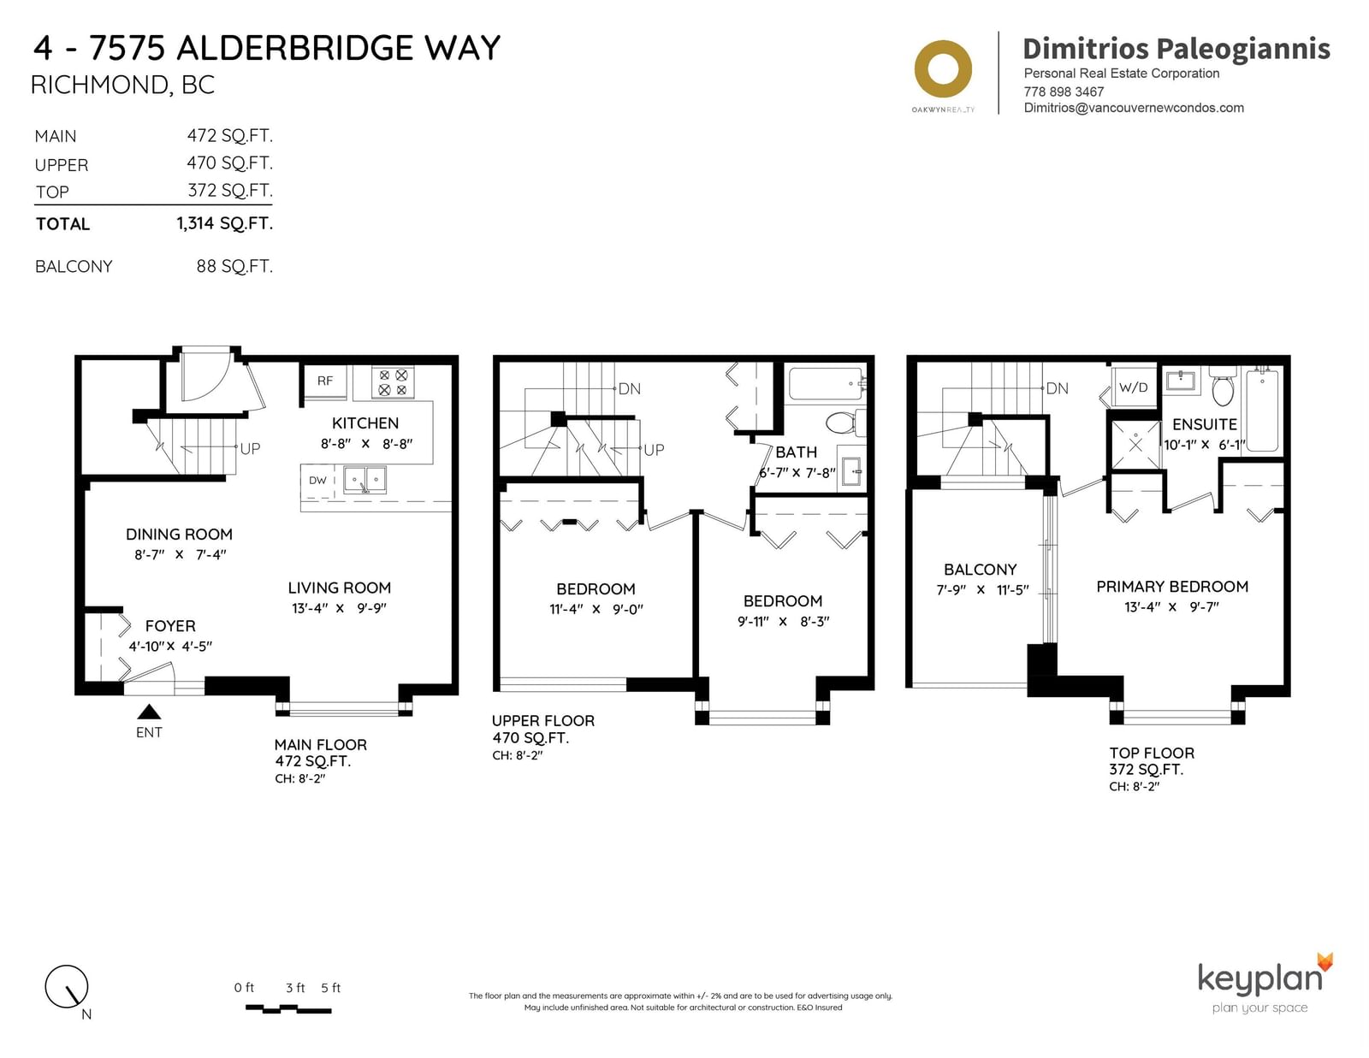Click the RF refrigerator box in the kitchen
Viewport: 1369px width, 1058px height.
[324, 381]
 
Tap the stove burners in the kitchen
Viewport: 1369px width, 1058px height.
[393, 382]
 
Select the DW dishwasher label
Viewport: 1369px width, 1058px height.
[317, 481]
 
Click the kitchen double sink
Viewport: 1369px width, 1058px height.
[364, 480]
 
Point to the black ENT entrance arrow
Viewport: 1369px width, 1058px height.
[149, 712]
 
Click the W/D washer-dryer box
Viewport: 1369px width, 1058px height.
[1134, 387]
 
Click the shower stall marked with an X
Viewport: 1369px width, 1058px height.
[1135, 445]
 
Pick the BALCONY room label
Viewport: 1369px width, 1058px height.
[980, 570]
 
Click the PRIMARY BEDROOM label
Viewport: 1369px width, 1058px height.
[1172, 587]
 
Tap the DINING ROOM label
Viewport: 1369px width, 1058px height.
[179, 534]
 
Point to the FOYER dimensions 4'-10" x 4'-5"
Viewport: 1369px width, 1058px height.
[170, 646]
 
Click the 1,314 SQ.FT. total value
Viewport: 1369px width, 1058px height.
[224, 223]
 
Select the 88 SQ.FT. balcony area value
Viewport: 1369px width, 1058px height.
[234, 266]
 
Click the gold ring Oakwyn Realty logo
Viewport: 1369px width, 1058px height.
[943, 68]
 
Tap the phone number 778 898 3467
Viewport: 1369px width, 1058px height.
[1064, 92]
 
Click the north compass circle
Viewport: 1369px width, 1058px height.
[66, 986]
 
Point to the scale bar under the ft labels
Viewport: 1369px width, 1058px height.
[287, 1009]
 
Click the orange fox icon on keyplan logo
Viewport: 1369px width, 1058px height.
[1325, 962]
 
